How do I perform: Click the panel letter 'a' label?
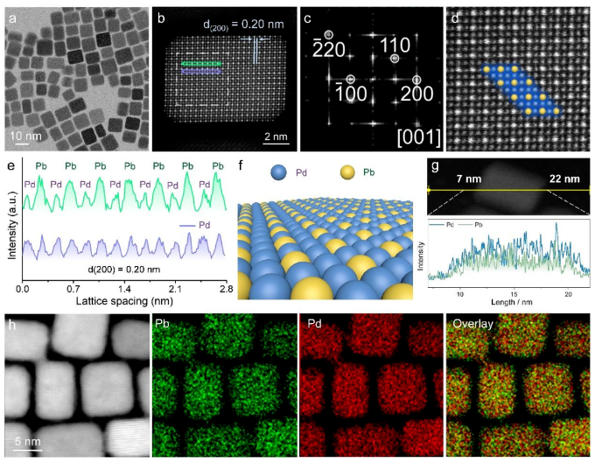point(12,15)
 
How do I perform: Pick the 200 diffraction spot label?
point(415,88)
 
